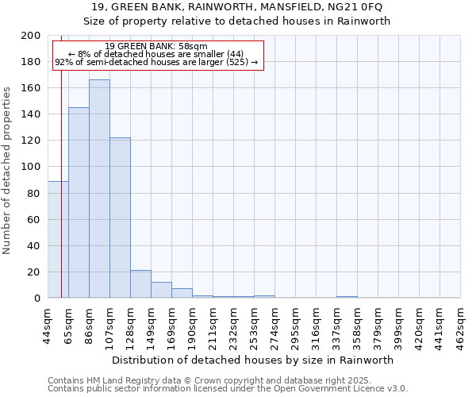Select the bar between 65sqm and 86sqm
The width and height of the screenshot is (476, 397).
tap(79, 202)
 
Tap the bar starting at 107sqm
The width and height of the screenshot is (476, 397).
tap(120, 218)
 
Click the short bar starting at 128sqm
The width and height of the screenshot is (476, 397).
tap(140, 284)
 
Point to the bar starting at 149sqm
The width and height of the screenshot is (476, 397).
tap(161, 290)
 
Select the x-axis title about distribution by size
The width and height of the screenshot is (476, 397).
tap(254, 360)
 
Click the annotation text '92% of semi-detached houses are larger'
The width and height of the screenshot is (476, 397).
tap(156, 62)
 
